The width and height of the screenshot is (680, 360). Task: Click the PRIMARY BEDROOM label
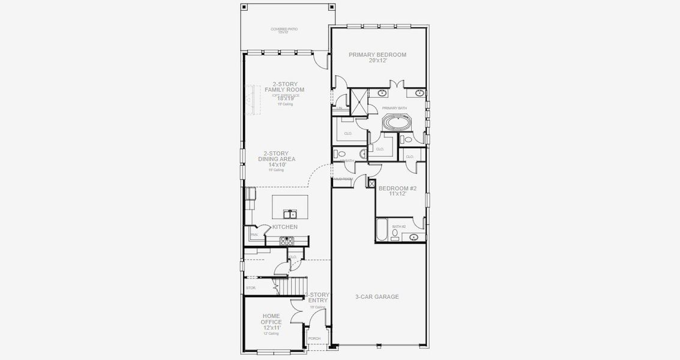(x=378, y=55)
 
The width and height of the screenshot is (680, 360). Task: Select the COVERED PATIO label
(x=284, y=29)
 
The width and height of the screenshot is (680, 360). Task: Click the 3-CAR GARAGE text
(x=378, y=296)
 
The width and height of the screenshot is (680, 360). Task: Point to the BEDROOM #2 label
(x=397, y=188)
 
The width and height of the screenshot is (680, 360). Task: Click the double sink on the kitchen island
(x=289, y=214)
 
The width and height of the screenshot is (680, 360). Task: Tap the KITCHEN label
(x=284, y=227)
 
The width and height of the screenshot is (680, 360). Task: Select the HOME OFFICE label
(x=271, y=319)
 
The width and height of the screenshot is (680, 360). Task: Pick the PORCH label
(x=314, y=338)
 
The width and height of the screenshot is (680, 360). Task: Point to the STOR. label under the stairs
(x=251, y=288)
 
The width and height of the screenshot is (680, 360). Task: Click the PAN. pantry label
(x=254, y=235)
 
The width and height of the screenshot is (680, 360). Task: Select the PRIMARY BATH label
(x=394, y=107)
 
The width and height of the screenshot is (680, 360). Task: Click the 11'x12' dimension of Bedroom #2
(x=397, y=194)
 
